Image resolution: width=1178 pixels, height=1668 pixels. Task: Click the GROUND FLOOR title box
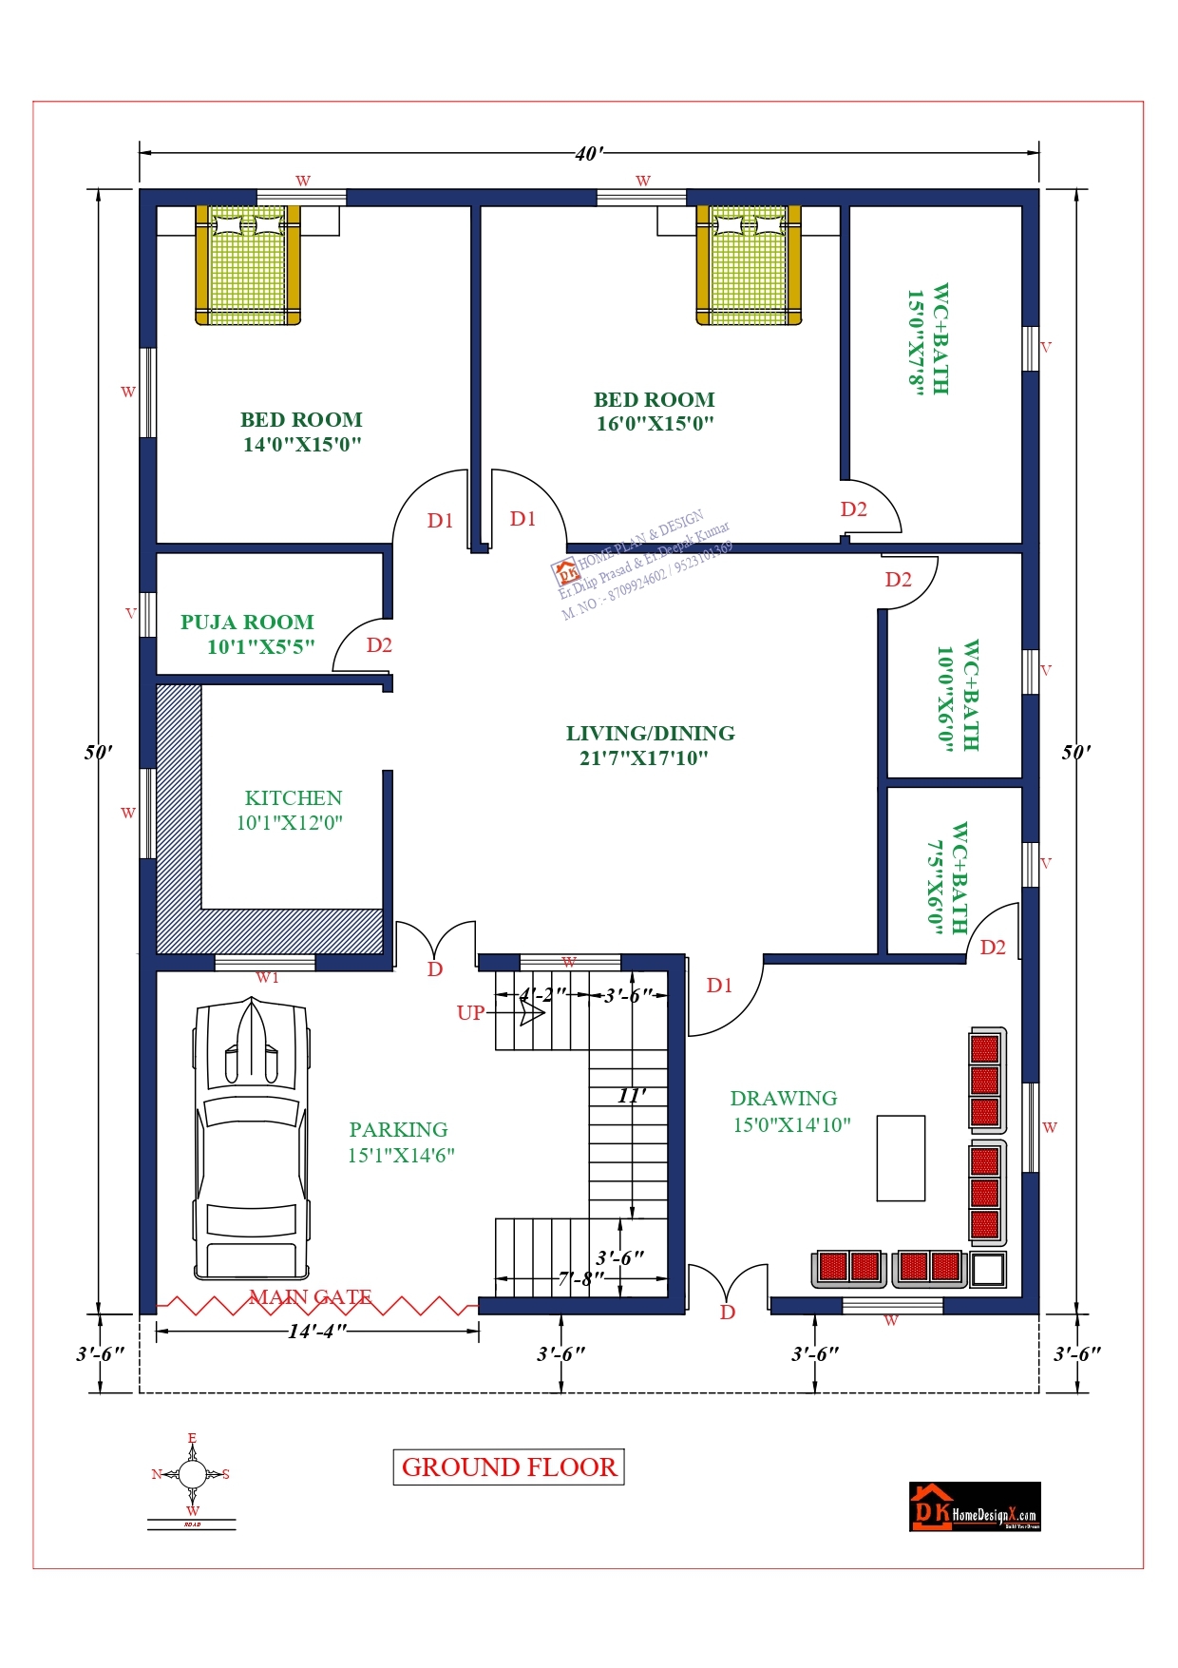(508, 1467)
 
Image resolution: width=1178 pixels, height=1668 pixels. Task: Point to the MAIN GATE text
(311, 1296)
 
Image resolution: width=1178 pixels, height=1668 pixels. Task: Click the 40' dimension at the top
(588, 153)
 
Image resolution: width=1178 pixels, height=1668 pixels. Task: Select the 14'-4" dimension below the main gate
(317, 1331)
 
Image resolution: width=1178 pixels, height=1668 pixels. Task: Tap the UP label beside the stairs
(470, 1012)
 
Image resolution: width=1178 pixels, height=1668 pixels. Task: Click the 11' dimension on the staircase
(631, 1095)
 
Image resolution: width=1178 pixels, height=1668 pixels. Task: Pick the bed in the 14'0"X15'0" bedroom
(248, 264)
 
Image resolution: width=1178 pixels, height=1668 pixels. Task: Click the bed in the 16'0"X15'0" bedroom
(749, 264)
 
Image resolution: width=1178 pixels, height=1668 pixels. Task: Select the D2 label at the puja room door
(379, 645)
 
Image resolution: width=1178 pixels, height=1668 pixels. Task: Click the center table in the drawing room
(900, 1158)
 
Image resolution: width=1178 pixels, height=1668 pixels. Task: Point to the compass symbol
(192, 1474)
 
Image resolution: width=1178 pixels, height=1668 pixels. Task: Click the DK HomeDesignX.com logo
(975, 1506)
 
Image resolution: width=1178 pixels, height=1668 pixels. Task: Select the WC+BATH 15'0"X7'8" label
(927, 339)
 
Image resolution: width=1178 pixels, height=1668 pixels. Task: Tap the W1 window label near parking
(267, 977)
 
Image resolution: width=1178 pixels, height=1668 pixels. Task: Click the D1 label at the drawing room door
(719, 986)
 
